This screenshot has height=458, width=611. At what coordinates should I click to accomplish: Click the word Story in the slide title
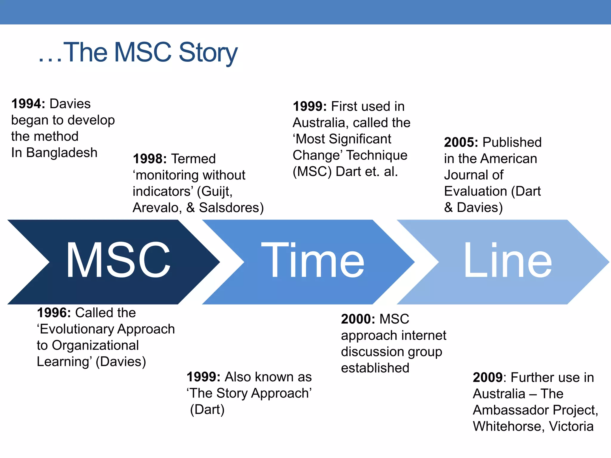208,53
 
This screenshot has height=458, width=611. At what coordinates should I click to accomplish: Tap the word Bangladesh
62,153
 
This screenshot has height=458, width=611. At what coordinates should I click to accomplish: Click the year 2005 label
461,143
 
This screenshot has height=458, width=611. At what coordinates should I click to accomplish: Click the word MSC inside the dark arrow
118,261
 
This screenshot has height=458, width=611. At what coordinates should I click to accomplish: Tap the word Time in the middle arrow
313,261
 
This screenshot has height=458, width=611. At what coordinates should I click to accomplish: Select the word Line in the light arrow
507,261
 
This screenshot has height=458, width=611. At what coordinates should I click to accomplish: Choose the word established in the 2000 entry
375,368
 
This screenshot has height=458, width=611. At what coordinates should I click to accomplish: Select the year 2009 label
488,378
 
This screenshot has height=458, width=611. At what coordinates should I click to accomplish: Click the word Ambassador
510,410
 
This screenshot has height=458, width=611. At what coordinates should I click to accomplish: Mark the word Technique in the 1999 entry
377,156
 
